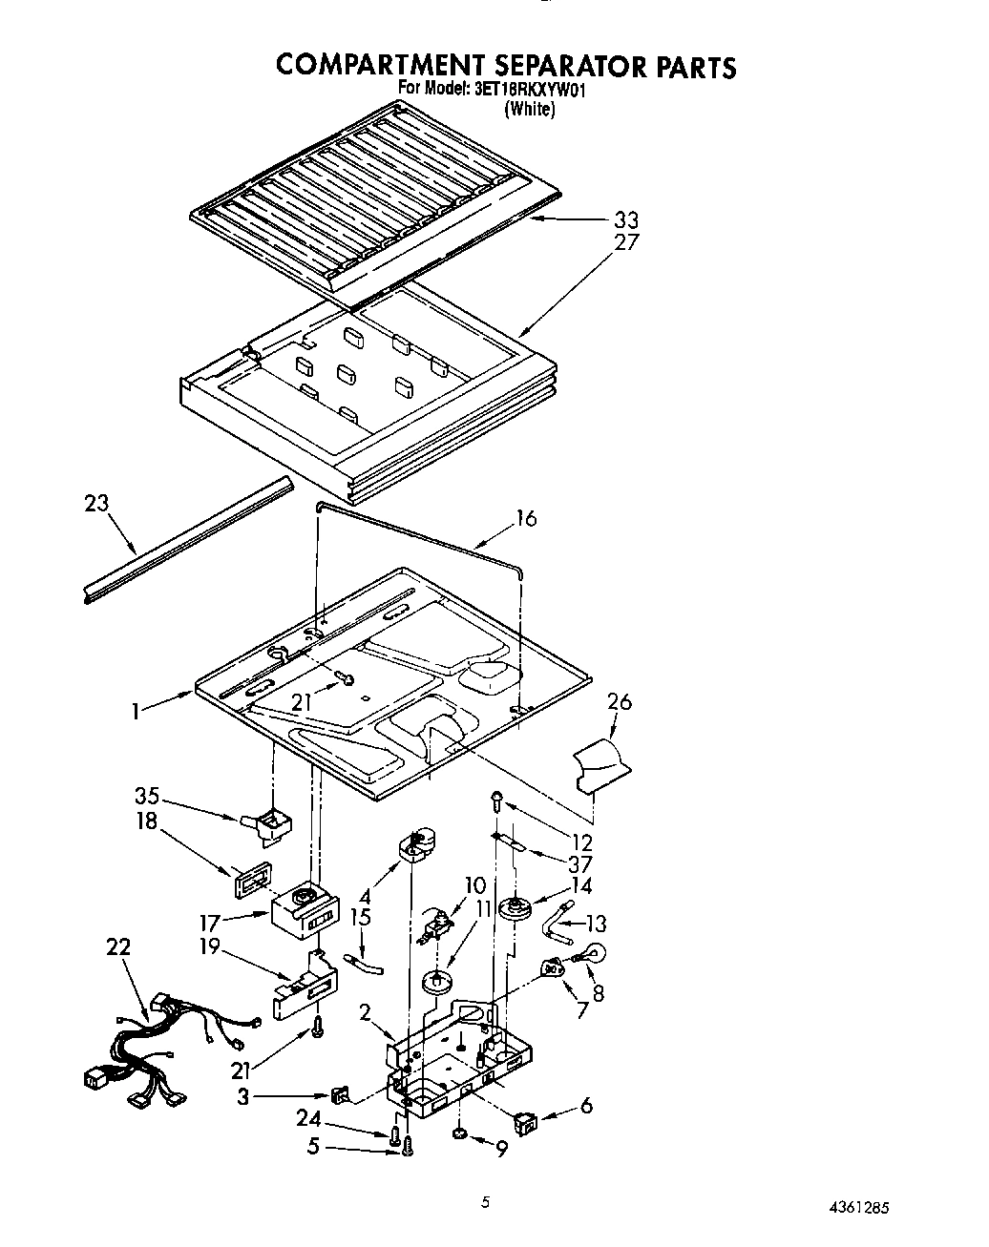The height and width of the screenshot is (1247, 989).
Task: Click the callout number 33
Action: click(626, 220)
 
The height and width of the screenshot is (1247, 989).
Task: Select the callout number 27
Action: click(626, 242)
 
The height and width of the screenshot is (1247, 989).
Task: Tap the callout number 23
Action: click(96, 503)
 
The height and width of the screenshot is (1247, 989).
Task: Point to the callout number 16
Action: click(526, 518)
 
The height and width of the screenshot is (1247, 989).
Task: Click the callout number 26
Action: click(620, 702)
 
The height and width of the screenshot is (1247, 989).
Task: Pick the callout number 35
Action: click(147, 797)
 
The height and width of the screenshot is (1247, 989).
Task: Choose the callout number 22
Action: click(118, 947)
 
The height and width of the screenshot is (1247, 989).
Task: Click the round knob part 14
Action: click(519, 907)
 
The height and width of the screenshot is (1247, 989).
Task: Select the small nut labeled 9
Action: click(459, 1133)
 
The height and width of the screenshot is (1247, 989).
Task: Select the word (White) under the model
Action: click(529, 109)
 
